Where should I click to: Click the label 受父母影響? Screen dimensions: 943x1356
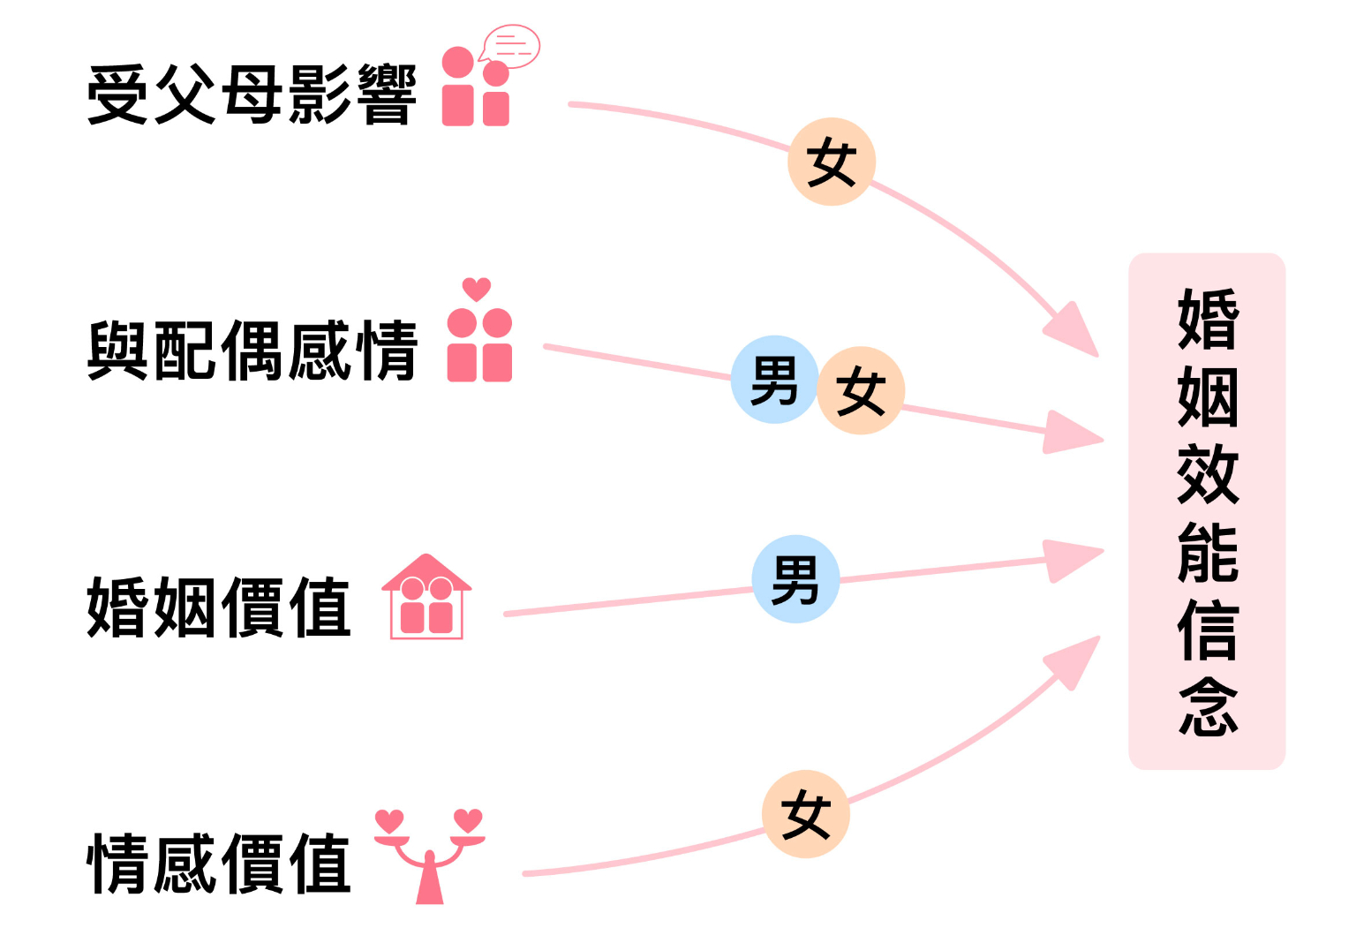point(252,95)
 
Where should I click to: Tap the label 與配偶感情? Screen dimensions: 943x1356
point(252,351)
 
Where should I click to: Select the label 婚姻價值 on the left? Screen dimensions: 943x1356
point(219,607)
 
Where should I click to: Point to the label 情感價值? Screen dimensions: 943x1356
point(219,864)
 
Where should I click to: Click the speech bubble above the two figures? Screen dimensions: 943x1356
point(512,46)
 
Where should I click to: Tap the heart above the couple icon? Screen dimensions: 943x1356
point(477,289)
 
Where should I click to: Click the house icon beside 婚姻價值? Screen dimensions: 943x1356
point(427,597)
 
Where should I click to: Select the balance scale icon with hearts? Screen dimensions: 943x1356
point(430,855)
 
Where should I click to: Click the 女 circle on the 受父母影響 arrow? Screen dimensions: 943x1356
point(832,162)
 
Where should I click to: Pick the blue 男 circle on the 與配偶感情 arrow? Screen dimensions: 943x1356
point(774,381)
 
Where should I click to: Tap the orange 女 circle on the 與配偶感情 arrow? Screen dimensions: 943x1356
point(861,391)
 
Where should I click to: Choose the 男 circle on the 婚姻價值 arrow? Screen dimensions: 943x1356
point(795,579)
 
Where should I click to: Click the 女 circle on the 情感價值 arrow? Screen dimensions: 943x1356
point(806,814)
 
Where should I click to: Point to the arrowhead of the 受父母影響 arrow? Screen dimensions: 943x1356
point(1073,332)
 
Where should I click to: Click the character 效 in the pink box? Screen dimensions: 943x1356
point(1208,475)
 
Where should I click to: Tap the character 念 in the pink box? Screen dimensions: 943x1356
point(1208,706)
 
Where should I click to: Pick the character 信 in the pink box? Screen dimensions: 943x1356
point(1208,630)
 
